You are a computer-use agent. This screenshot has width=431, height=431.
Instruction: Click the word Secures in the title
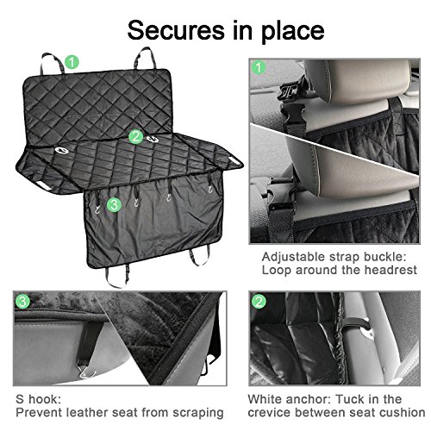point(176,30)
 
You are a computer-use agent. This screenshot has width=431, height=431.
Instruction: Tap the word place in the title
point(293,32)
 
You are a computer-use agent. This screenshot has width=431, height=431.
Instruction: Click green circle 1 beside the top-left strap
point(72,62)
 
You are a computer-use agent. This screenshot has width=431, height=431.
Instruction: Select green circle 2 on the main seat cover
point(136,137)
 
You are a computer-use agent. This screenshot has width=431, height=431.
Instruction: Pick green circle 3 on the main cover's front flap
point(114,205)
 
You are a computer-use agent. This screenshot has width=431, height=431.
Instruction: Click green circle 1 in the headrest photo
point(259,68)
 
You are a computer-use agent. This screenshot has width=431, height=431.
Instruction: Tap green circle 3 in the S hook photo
point(22,302)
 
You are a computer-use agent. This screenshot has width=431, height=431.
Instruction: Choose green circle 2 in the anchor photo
point(259,302)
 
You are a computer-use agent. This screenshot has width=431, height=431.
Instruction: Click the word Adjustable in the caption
point(297,257)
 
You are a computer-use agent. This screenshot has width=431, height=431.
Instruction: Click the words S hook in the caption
point(38,399)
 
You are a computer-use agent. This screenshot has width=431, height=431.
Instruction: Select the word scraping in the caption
point(198,413)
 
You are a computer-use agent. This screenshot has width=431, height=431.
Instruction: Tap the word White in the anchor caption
point(264,399)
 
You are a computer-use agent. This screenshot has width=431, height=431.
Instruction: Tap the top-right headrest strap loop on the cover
point(145,58)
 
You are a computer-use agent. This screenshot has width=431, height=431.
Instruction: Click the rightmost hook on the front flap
point(210,189)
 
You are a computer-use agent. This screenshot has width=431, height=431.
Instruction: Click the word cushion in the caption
point(403,413)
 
